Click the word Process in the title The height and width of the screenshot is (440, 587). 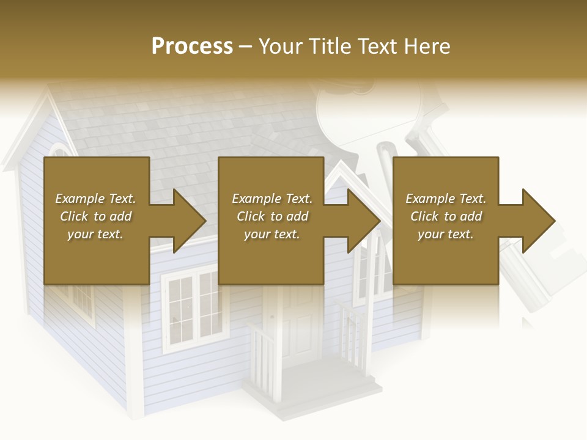pos(192,46)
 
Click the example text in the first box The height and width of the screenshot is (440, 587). pos(96,216)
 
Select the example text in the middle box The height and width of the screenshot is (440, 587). pos(272,216)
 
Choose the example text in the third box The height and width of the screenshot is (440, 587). pos(446,216)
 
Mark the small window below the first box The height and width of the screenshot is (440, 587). pos(82,303)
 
